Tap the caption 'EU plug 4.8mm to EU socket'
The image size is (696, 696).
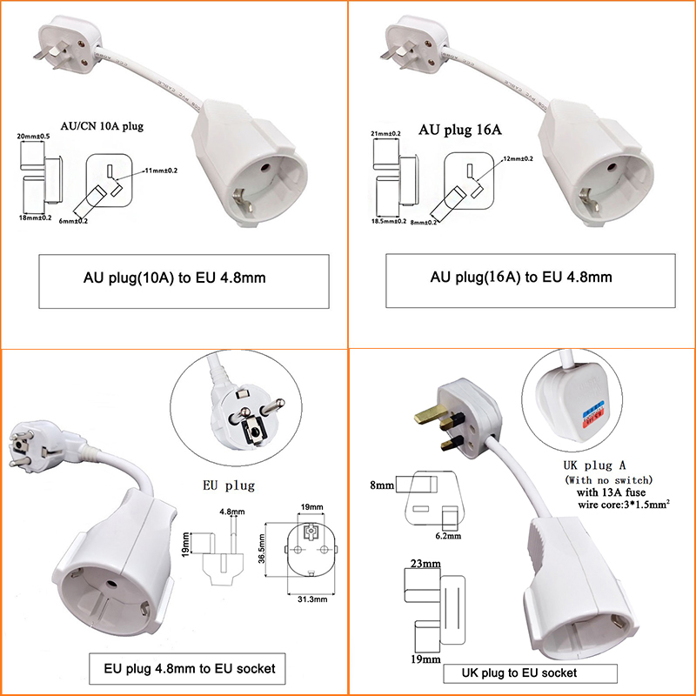coord(190,668)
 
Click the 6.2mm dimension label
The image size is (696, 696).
coord(450,537)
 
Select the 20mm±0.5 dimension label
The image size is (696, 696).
coord(35,137)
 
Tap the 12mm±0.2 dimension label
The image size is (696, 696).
coord(519,158)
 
